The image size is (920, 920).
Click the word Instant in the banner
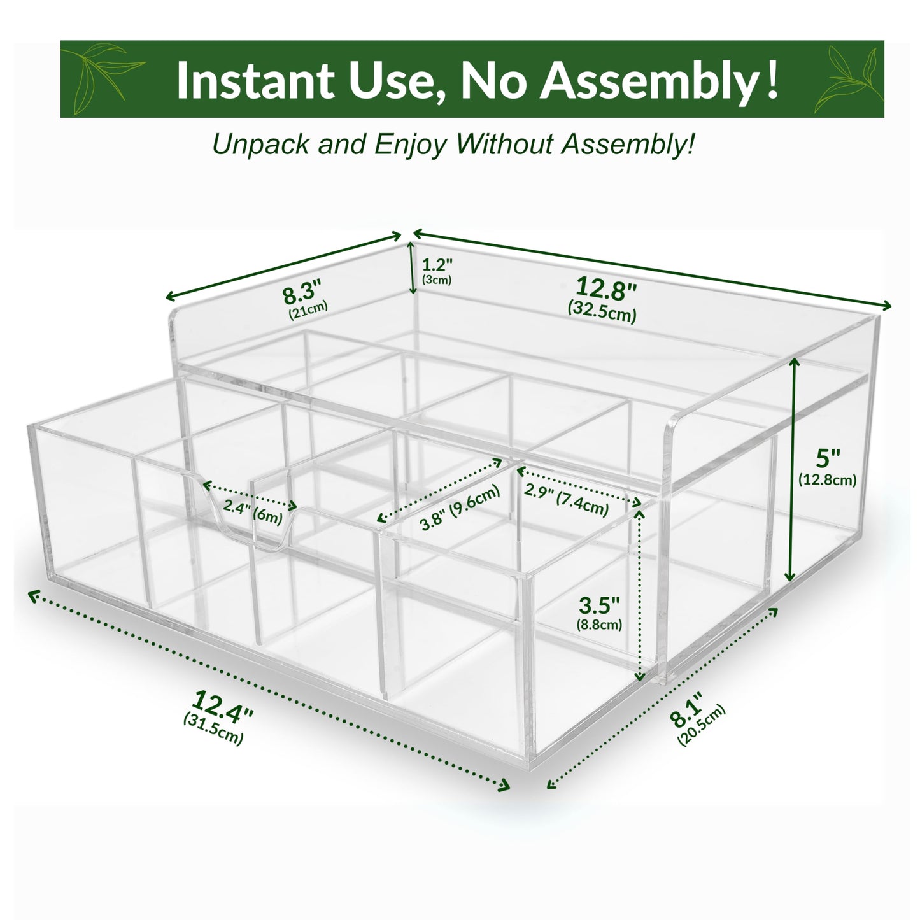[x=255, y=80]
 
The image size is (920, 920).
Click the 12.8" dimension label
[x=606, y=289]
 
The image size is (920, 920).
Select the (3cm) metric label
[x=437, y=280]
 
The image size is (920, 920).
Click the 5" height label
[x=828, y=458]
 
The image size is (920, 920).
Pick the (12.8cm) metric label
[x=828, y=479]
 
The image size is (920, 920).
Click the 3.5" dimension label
[x=599, y=605]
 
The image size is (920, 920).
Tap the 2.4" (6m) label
[x=253, y=514]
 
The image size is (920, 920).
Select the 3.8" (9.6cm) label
[x=460, y=507]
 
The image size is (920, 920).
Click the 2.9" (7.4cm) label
[x=566, y=500]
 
